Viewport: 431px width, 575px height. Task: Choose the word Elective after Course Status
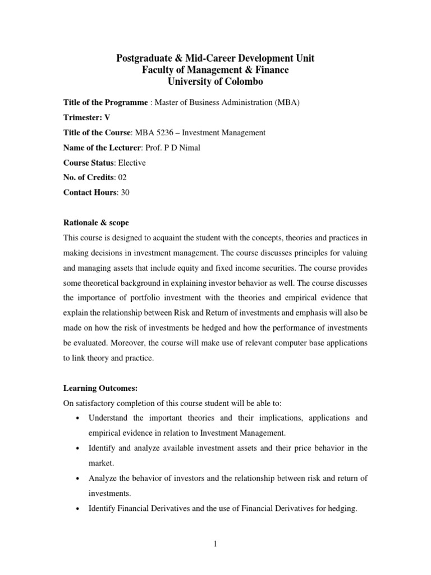[129, 164]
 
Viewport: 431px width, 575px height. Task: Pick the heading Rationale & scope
[95, 223]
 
